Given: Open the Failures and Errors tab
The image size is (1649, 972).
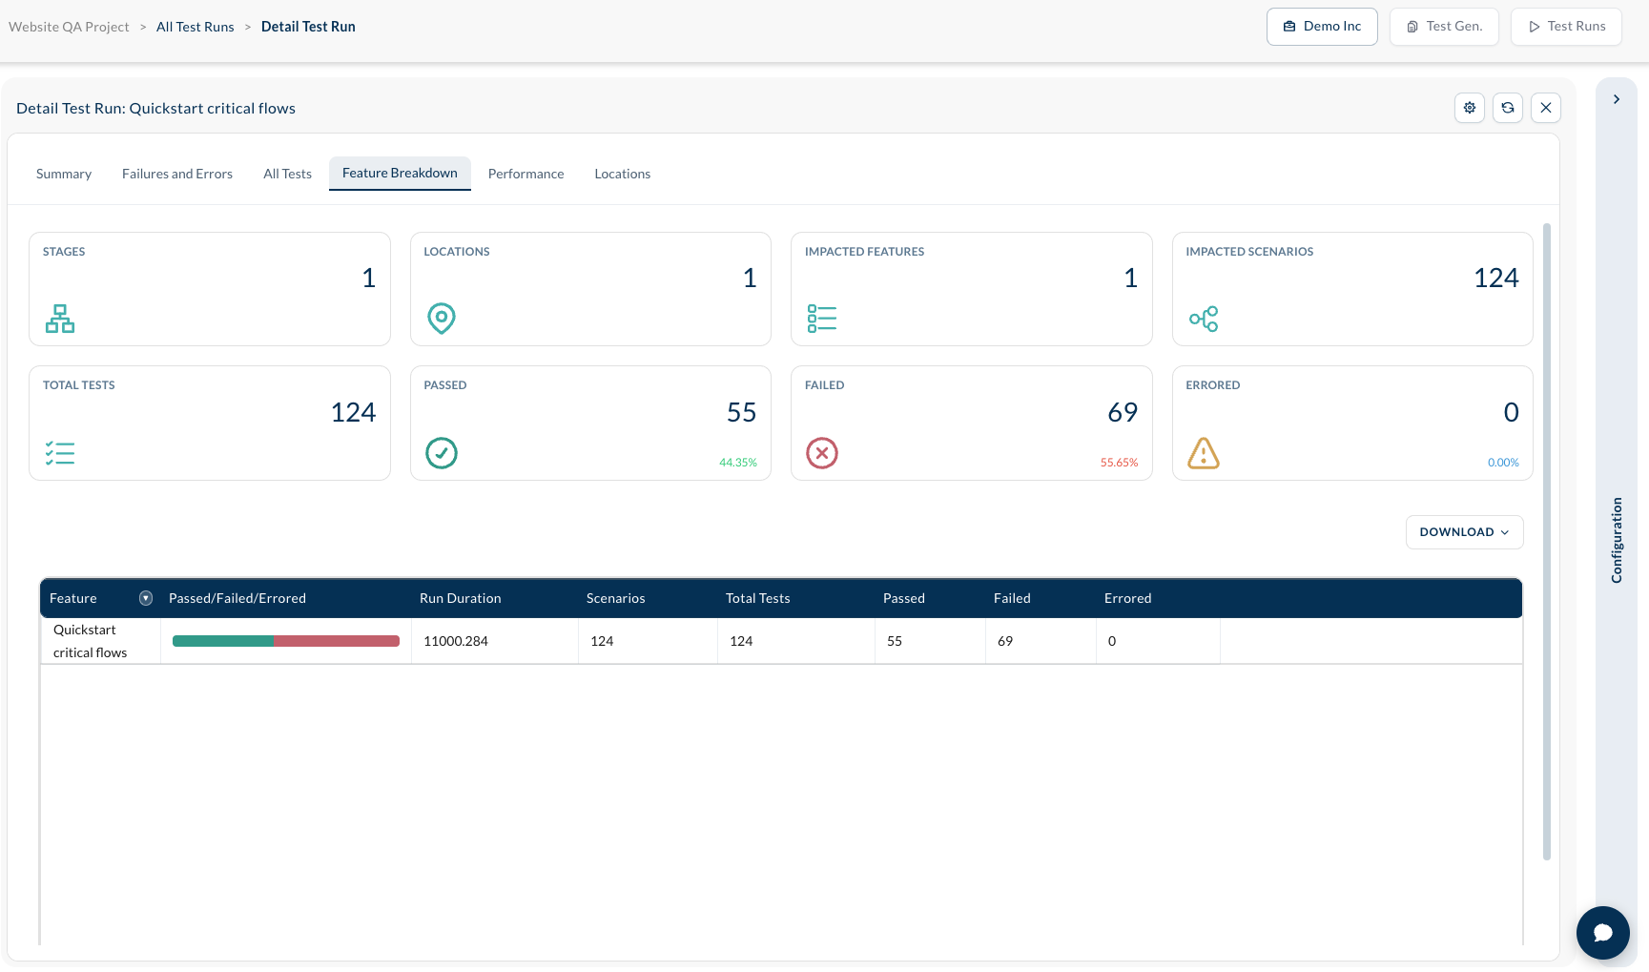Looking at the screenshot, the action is click(x=177, y=174).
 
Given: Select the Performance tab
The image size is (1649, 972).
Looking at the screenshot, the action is click(x=526, y=174).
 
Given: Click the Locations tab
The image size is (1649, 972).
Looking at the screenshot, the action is click(x=622, y=174).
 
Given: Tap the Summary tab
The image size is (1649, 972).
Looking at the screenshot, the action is click(x=64, y=174).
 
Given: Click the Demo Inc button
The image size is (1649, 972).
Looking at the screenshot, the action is click(x=1322, y=27).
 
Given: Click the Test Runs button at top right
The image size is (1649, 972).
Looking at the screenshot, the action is click(x=1566, y=27).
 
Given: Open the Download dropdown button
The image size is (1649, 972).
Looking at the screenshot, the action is click(x=1464, y=532).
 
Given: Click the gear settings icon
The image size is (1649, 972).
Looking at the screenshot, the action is click(x=1470, y=108).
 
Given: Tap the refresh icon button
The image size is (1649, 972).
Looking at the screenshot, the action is click(x=1508, y=108).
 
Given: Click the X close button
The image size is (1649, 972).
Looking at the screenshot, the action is click(x=1546, y=108).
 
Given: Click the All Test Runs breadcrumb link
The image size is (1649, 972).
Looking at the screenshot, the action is click(x=196, y=27).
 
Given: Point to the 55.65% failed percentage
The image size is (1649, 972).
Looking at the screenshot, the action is click(x=1119, y=463).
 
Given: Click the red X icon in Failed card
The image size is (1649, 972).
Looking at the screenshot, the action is click(x=822, y=453).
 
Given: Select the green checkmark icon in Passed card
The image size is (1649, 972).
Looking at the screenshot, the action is click(x=442, y=453).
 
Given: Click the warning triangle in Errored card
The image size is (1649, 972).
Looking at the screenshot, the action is click(x=1204, y=453).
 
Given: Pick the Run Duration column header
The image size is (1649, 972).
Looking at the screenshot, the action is click(x=460, y=598).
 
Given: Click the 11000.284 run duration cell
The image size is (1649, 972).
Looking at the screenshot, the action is click(x=456, y=641).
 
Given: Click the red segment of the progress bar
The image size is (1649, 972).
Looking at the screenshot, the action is click(x=337, y=641).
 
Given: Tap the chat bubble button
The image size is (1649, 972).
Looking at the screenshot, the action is click(x=1603, y=933).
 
